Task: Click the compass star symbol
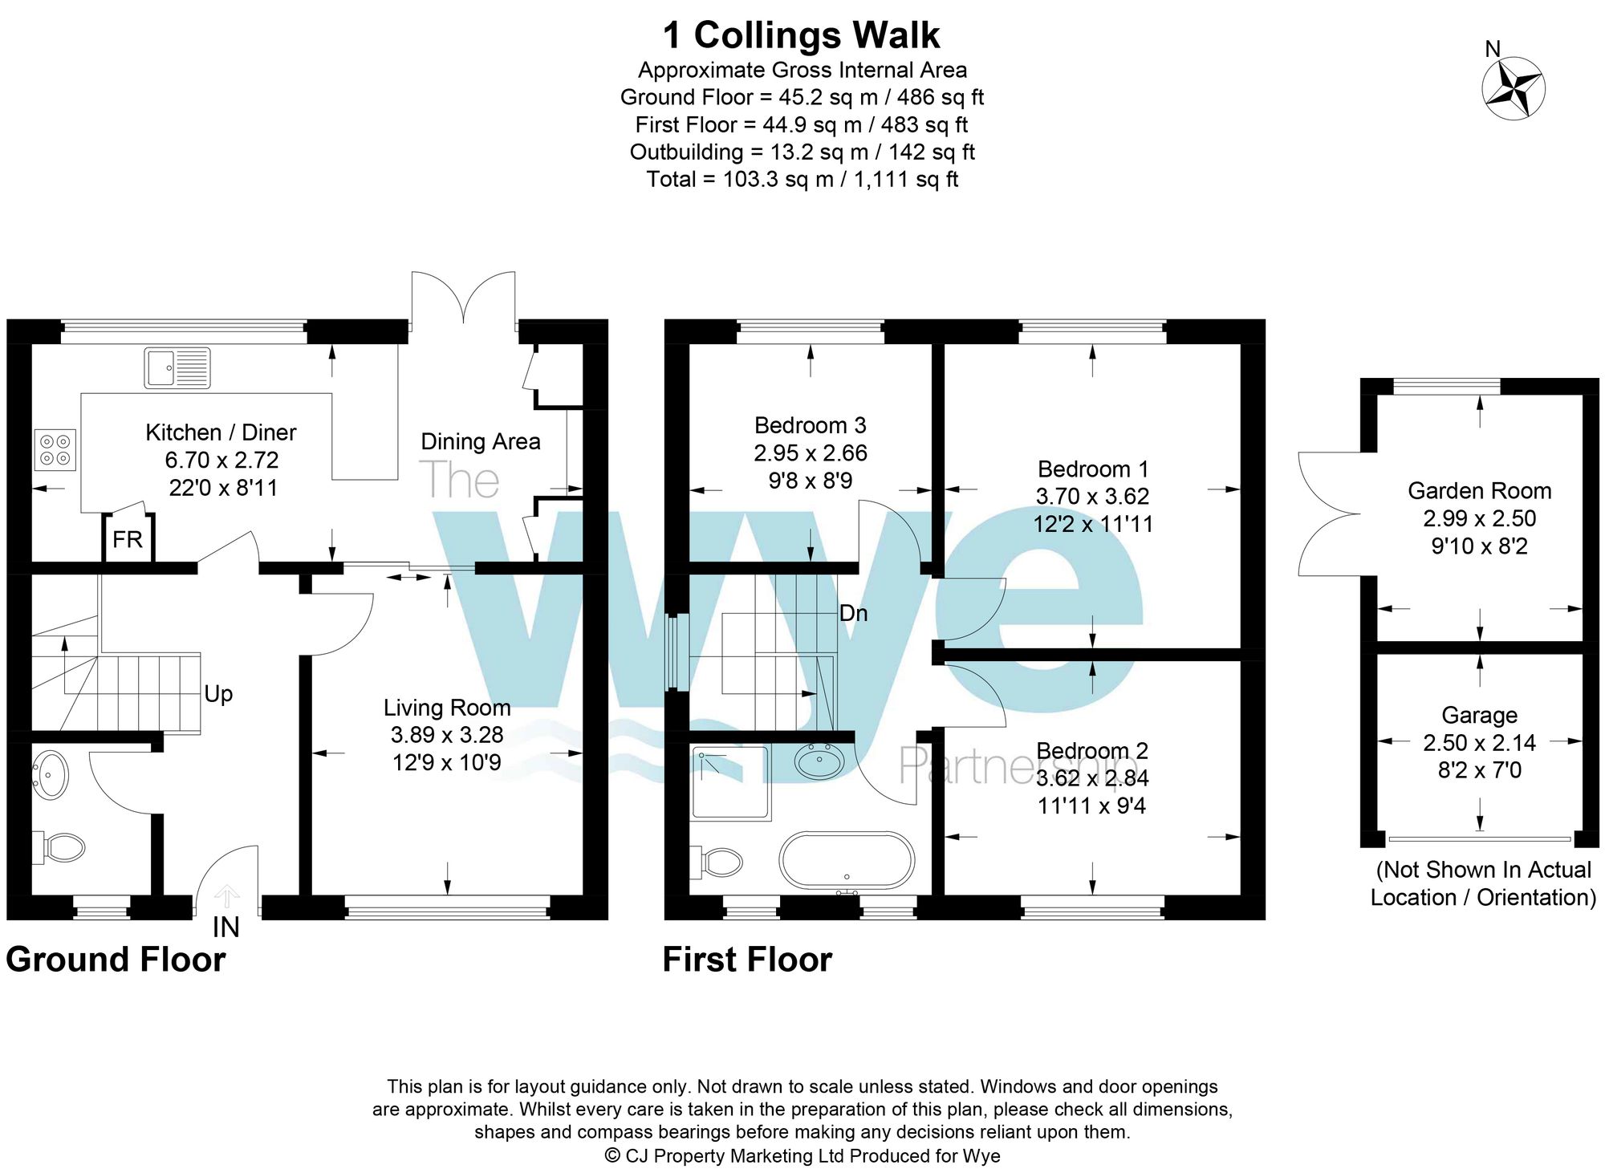tap(1513, 88)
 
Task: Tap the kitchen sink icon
tap(177, 367)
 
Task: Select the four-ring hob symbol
tap(55, 450)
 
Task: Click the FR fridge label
tap(128, 539)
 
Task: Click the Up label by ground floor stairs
tap(218, 693)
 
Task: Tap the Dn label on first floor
tap(853, 613)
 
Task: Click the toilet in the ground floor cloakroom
tap(60, 847)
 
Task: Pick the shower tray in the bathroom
tap(730, 782)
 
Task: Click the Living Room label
tap(447, 707)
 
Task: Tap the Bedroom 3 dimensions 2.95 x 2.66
tap(810, 453)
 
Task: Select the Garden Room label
tap(1479, 490)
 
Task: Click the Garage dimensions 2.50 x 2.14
tap(1479, 743)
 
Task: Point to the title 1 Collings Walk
tap(800, 35)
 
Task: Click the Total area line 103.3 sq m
tap(802, 179)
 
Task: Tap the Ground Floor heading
tap(116, 960)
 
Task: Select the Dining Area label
tap(480, 441)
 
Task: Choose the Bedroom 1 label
tap(1092, 469)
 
